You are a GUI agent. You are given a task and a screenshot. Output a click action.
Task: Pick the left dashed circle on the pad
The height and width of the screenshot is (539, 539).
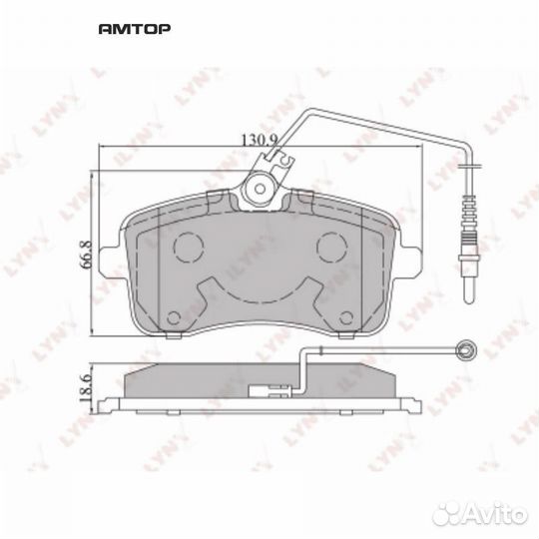point(188,246)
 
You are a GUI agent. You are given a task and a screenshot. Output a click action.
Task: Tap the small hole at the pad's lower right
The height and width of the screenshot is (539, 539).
point(345,319)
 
